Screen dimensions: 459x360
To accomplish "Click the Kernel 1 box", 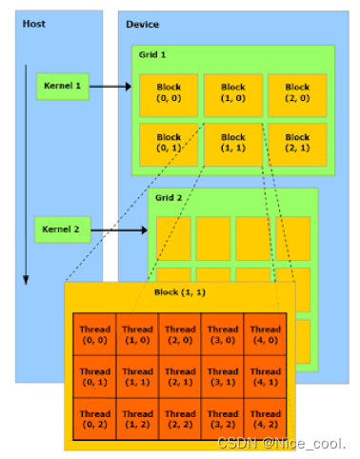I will point(64,87).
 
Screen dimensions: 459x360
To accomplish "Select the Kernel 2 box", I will point(64,229).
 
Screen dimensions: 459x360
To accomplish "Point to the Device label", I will point(142,24).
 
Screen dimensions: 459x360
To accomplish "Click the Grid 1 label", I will point(155,56).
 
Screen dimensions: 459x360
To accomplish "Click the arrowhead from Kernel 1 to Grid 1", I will point(128,87).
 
